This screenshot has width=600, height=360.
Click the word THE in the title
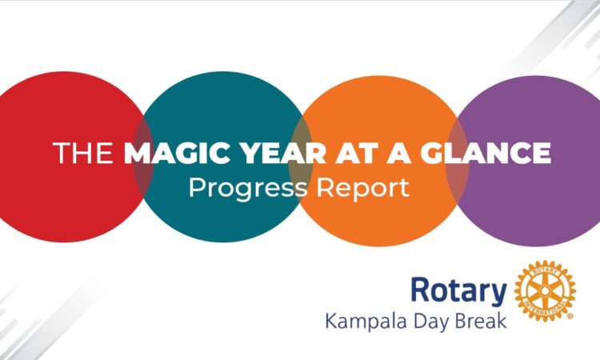point(83,153)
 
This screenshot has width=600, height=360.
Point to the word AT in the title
point(355,153)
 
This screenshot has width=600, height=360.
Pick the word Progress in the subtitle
point(248,188)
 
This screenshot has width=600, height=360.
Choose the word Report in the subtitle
point(362,188)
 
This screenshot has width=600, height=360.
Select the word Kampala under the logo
point(366,322)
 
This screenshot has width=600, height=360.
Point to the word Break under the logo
point(481,321)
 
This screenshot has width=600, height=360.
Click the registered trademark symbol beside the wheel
point(570,316)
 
